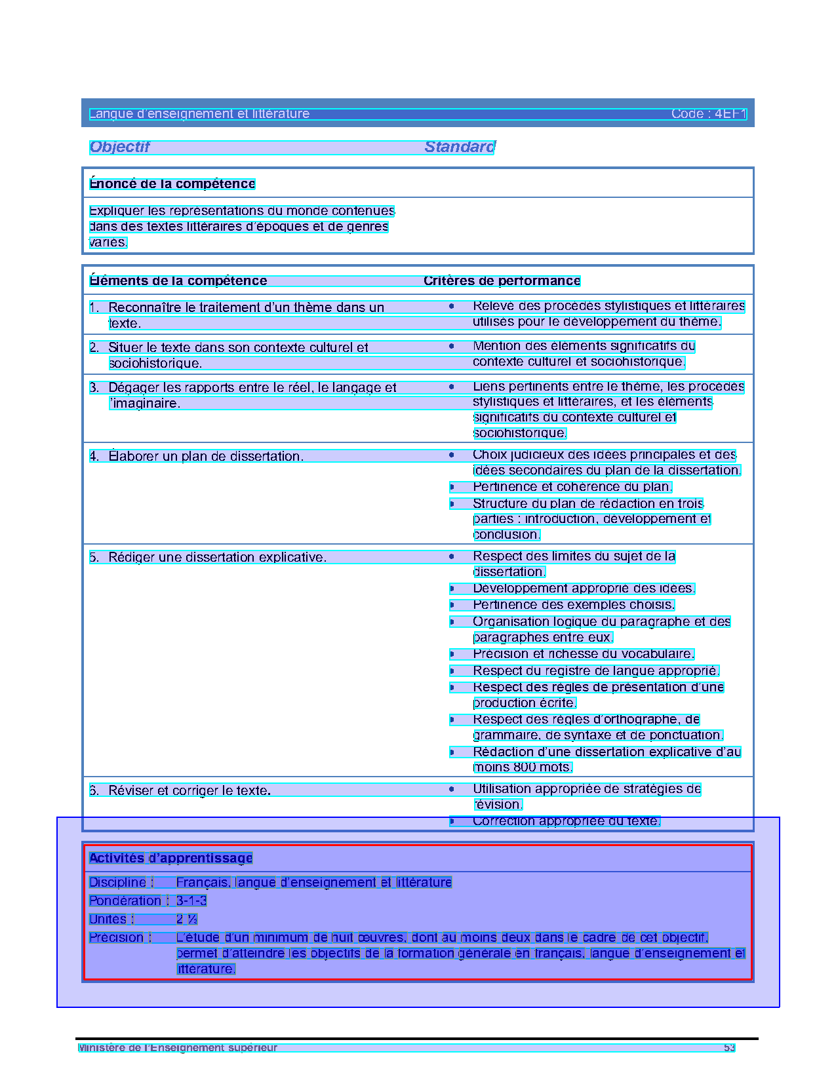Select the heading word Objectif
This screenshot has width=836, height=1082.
[119, 147]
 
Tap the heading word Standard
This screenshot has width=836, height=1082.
[460, 147]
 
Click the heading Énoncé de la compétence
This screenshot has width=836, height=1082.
[172, 184]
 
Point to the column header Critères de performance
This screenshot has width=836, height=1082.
[502, 281]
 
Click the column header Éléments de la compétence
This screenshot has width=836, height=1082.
[178, 281]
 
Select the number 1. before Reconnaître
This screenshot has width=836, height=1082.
[94, 307]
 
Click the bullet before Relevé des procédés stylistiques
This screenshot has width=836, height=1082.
[452, 306]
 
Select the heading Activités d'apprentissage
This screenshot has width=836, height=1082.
[170, 859]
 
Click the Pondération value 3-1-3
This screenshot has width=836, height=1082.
[191, 901]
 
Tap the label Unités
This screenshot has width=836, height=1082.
[108, 919]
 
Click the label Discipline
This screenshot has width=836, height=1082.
[117, 883]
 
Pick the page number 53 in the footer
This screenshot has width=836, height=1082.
[729, 1048]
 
